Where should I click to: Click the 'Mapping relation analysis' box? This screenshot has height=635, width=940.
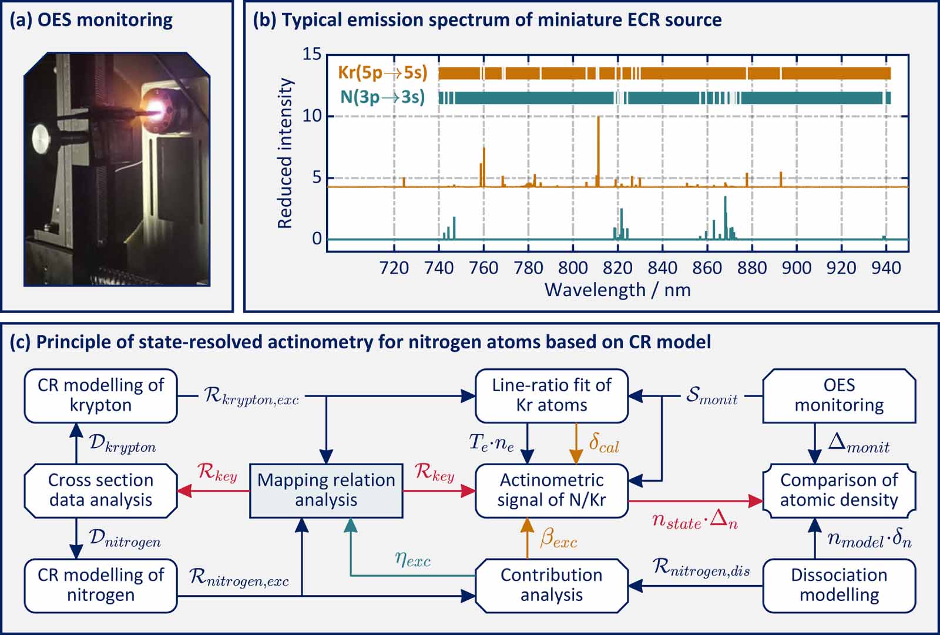tap(326, 490)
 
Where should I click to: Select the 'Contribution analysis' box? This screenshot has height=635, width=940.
tap(551, 585)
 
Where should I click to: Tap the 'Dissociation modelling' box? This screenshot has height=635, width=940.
tap(839, 585)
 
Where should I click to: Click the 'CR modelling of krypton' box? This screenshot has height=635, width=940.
tap(100, 395)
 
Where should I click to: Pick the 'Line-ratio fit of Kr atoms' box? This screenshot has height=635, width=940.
tap(551, 395)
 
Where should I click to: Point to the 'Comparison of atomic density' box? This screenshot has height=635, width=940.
tap(839, 490)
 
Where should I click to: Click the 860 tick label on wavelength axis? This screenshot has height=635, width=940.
tap(707, 268)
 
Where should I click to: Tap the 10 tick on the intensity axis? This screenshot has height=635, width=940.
tap(311, 116)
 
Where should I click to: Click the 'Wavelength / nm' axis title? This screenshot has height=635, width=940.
tap(617, 290)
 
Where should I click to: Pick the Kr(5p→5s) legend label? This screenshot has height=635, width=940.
tap(382, 73)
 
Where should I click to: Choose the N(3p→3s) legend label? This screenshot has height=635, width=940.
tap(382, 97)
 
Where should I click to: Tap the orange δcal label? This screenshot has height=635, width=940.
tap(603, 444)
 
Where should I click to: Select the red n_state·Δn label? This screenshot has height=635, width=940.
tap(694, 521)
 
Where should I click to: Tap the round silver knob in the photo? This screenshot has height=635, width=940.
tap(42, 139)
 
